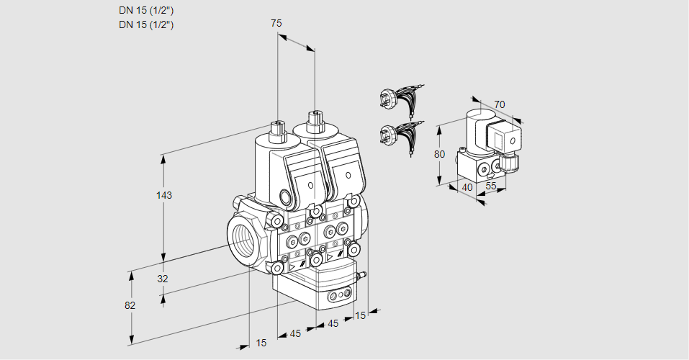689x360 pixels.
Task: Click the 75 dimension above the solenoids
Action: click(276, 24)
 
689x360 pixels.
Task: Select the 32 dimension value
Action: click(163, 279)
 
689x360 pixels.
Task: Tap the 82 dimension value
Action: click(130, 305)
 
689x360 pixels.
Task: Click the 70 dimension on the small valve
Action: click(500, 105)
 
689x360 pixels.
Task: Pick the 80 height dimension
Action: click(440, 153)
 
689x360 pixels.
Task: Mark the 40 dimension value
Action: click(467, 186)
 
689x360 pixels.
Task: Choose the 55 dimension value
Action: click(492, 186)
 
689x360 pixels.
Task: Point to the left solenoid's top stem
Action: click(277, 130)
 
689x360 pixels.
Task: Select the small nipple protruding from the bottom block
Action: click(364, 274)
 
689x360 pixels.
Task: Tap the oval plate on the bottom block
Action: click(339, 296)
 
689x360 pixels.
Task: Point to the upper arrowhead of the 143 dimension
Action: click(166, 157)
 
